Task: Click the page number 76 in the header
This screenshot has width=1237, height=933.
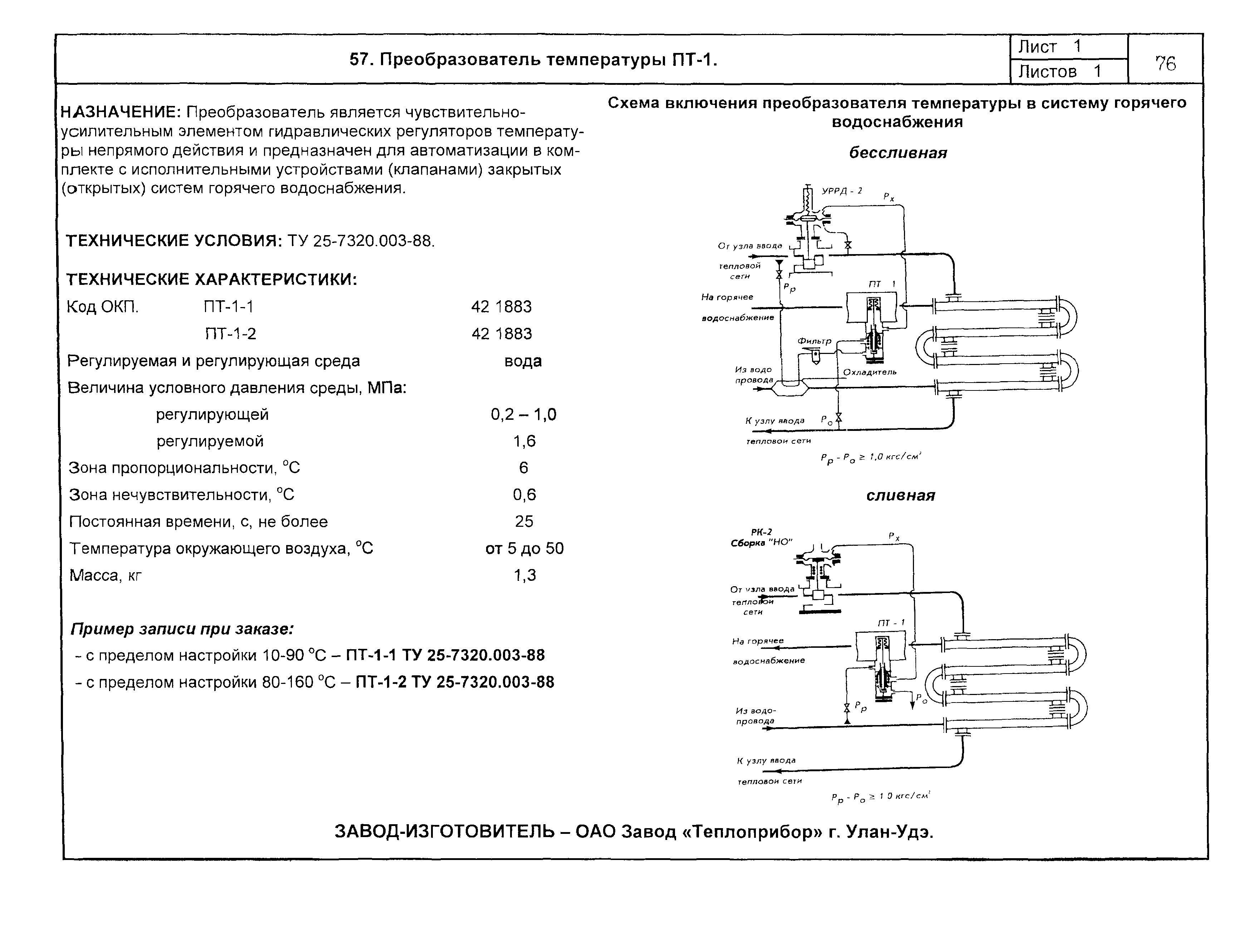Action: (x=1165, y=64)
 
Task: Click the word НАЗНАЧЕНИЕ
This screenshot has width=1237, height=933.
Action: (x=120, y=112)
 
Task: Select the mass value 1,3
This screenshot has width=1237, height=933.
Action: (x=524, y=575)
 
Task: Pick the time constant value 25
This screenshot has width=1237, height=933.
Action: (x=524, y=522)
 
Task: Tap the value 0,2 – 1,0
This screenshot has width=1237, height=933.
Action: (x=523, y=414)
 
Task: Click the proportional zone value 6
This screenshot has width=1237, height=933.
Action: (x=523, y=468)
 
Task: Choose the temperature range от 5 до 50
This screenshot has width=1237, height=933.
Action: (x=524, y=549)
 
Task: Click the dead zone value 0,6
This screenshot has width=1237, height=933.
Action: (x=524, y=495)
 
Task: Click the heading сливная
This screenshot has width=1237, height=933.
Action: (x=900, y=496)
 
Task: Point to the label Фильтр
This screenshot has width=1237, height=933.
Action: (x=814, y=341)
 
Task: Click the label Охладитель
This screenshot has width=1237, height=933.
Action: (x=870, y=372)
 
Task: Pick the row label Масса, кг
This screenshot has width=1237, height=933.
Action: (x=105, y=575)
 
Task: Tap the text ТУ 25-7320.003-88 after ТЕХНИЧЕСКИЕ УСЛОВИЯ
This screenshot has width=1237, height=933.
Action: (x=361, y=241)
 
